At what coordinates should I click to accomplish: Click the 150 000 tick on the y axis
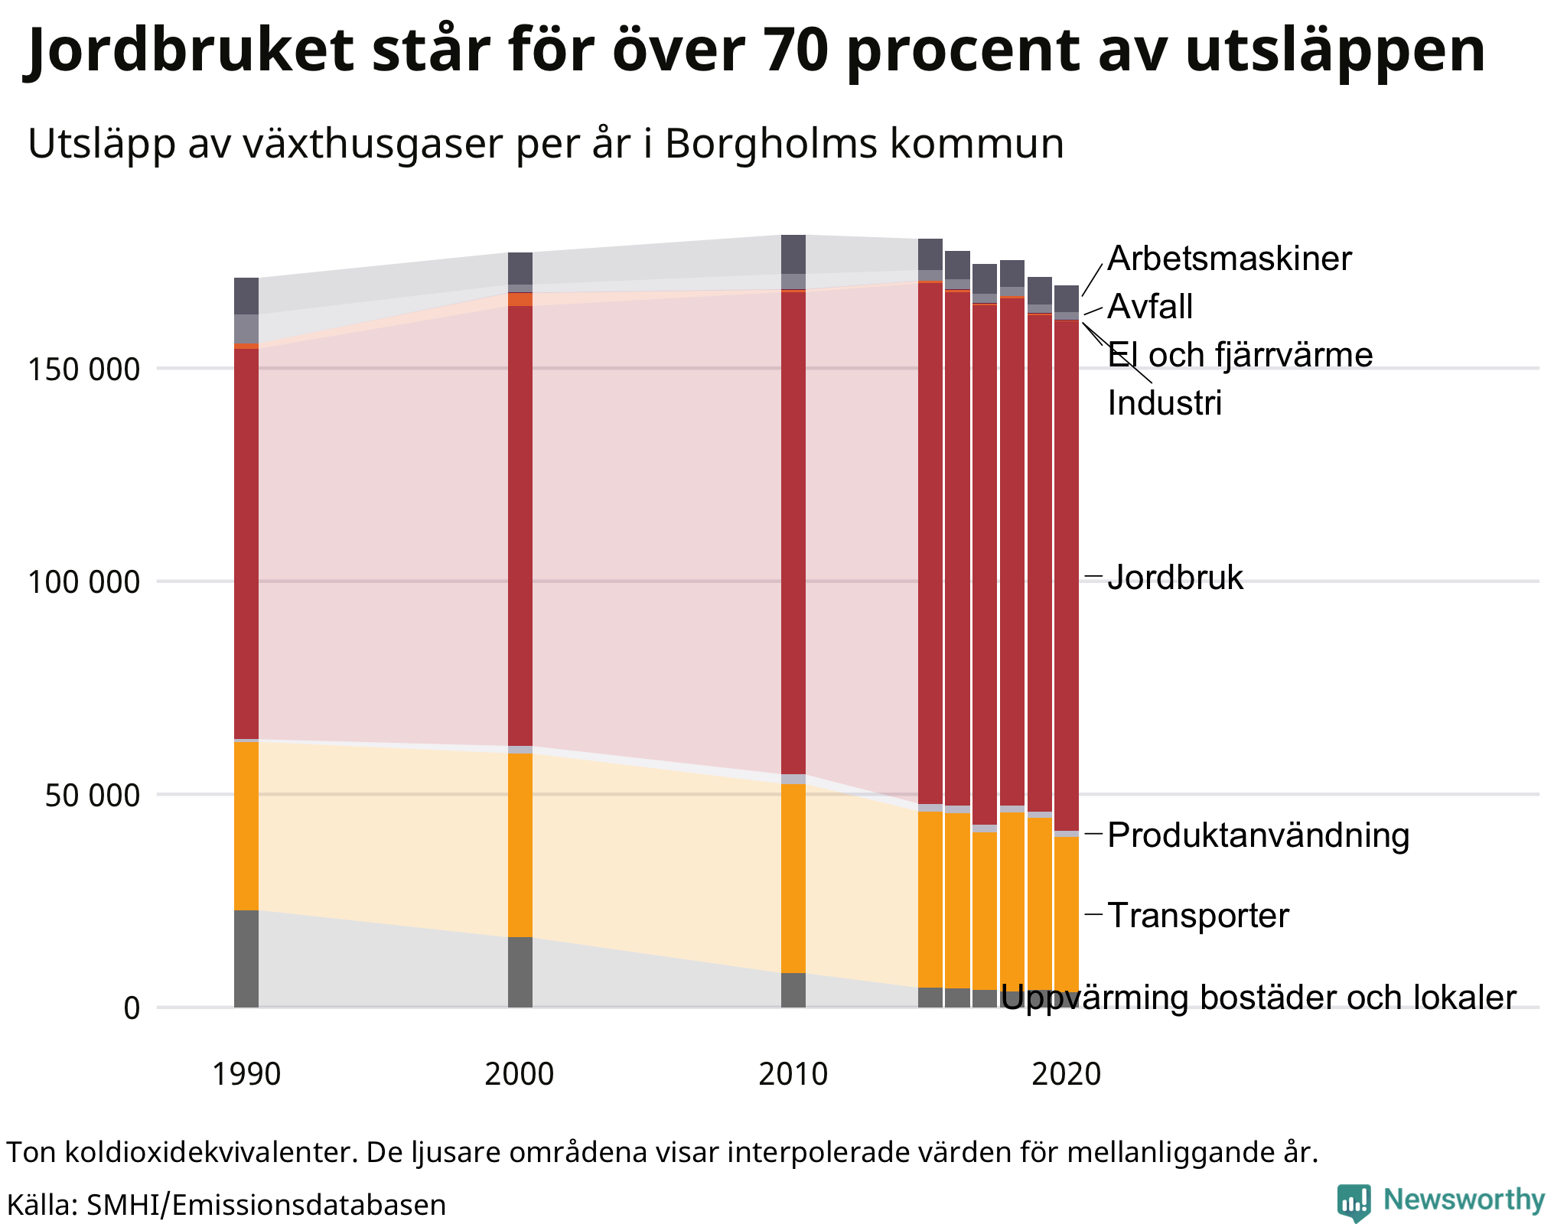84,369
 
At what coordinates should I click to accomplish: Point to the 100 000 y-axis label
84,582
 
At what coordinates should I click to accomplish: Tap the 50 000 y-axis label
93,796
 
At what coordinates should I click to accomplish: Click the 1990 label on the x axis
246,1074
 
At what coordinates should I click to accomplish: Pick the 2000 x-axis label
520,1074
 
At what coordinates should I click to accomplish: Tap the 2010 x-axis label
793,1074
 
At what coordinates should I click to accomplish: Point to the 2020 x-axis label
1066,1074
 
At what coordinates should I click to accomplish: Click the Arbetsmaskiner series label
1229,259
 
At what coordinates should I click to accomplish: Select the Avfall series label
1150,307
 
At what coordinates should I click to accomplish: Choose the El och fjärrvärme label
1240,355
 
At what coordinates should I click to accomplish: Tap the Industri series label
1165,403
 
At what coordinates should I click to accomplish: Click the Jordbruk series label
1175,578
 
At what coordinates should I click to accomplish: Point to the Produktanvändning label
1258,835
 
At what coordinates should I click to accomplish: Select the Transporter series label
1198,916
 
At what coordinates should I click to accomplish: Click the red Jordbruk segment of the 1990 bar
246,543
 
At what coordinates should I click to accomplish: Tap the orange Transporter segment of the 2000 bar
520,845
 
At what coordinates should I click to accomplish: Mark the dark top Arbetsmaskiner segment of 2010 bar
793,254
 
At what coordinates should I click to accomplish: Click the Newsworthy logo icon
1354,1202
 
